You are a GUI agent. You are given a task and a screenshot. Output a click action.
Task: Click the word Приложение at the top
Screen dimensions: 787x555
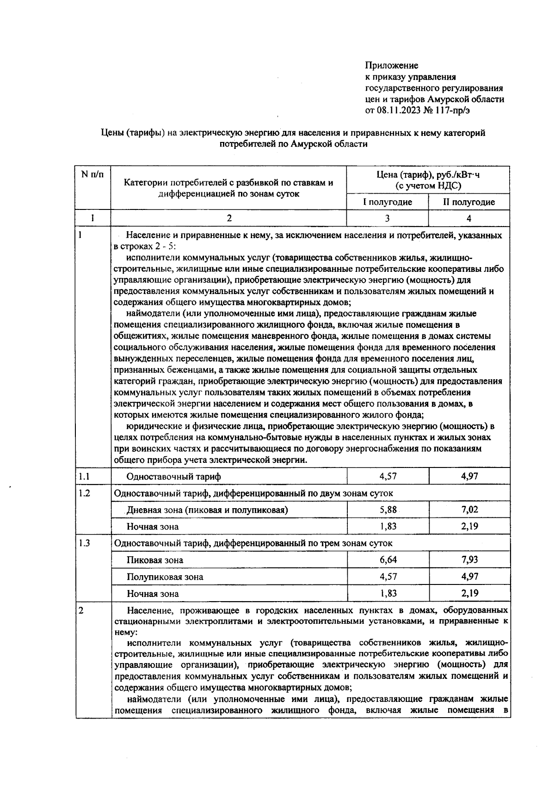pyautogui.click(x=391, y=66)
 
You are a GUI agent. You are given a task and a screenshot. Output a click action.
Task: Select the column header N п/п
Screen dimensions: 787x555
pyautogui.click(x=92, y=174)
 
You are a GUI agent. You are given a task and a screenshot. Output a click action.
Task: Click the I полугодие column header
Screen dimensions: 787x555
pyautogui.click(x=387, y=202)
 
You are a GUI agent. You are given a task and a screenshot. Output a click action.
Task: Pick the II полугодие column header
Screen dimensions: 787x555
pyautogui.click(x=469, y=202)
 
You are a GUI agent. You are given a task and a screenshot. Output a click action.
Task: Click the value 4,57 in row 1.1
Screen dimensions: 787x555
pyautogui.click(x=388, y=476)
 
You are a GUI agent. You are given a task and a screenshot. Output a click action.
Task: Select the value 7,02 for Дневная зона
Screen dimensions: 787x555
pyautogui.click(x=469, y=510)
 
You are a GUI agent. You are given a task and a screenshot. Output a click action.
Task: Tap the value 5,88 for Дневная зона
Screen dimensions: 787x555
pyautogui.click(x=388, y=510)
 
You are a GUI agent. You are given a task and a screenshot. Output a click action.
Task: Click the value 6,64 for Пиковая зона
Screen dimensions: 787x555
pyautogui.click(x=388, y=560)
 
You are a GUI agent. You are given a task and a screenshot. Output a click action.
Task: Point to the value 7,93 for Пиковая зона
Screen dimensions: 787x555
pyautogui.click(x=469, y=560)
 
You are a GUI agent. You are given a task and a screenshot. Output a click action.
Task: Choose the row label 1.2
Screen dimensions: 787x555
pyautogui.click(x=84, y=493)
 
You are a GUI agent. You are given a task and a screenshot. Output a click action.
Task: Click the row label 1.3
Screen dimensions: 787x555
pyautogui.click(x=84, y=543)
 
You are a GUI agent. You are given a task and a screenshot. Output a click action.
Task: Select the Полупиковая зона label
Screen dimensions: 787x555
pyautogui.click(x=165, y=577)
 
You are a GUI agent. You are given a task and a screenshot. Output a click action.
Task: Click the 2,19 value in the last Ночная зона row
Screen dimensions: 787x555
pyautogui.click(x=469, y=593)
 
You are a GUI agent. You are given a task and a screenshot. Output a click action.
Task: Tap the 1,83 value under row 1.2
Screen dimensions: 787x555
pyautogui.click(x=388, y=526)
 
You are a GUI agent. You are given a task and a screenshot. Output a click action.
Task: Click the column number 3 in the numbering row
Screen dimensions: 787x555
pyautogui.click(x=387, y=218)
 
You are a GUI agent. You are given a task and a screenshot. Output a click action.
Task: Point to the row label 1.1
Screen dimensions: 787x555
pyautogui.click(x=84, y=476)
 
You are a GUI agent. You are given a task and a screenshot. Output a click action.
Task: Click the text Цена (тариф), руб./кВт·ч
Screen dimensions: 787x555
pyautogui.click(x=428, y=175)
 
